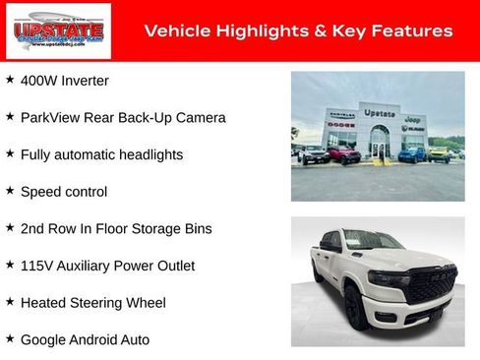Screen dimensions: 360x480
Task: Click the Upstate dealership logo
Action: click(x=58, y=31)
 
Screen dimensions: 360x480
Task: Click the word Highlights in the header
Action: click(x=248, y=31)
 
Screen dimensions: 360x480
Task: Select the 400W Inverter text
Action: click(x=65, y=81)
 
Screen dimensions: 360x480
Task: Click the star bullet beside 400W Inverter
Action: click(x=10, y=80)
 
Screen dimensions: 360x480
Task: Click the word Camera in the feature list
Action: click(x=200, y=118)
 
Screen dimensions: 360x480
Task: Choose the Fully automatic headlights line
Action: click(x=101, y=154)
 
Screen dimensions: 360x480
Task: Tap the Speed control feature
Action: click(x=64, y=192)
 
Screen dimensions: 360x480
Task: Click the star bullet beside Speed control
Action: click(x=10, y=191)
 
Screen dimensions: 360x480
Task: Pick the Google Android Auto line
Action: click(x=85, y=339)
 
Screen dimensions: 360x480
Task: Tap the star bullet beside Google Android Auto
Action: click(x=10, y=338)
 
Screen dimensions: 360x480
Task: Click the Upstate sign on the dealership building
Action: click(x=379, y=113)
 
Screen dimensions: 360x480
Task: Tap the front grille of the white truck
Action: click(x=431, y=285)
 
